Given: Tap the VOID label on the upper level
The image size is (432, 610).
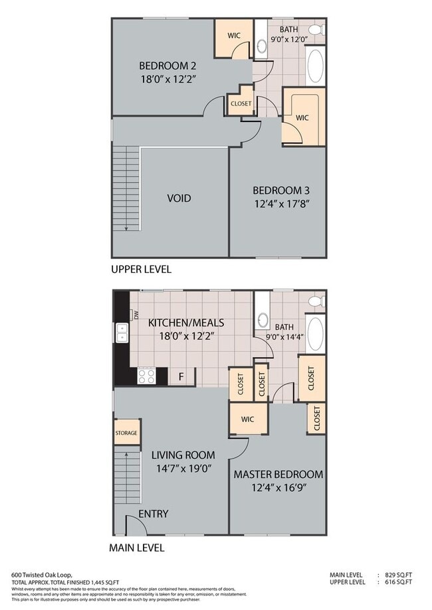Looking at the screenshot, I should coord(178,198).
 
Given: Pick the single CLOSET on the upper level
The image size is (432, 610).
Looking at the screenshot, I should coord(241,104).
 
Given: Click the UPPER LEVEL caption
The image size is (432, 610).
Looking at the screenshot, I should coord(141,269).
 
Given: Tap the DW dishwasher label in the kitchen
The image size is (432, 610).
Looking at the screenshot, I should coord(136,317).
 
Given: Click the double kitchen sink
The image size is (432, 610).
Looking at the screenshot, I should coord(122,333).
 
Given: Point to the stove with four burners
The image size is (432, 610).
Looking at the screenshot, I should coord(146,376).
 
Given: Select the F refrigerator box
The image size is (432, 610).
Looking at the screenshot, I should coord(180,376).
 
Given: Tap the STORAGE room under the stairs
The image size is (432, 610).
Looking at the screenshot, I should coord(126,433).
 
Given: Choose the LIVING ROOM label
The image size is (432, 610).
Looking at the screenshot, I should coord(183,455).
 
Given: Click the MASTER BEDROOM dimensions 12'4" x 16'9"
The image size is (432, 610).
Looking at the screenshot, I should coord(277,487).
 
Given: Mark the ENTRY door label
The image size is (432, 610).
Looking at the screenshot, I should coord(153,514).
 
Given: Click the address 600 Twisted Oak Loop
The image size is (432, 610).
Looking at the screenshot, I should coord(41,575).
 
